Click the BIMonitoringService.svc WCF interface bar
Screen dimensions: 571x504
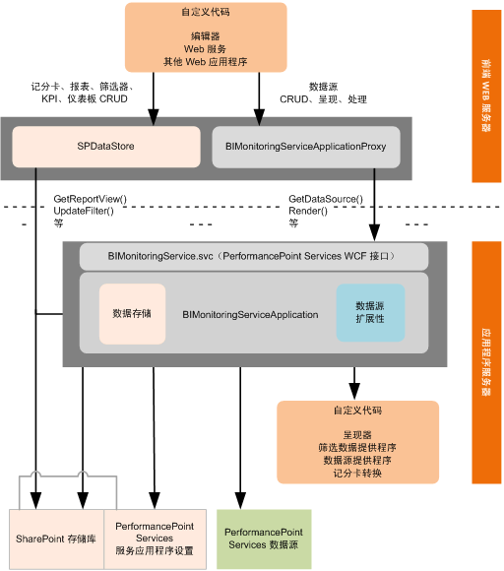(253, 257)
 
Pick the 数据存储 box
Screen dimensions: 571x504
(132, 314)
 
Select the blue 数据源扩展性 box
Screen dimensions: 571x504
(370, 313)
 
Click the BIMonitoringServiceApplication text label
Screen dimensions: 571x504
(250, 315)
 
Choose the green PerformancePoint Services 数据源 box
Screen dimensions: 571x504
(264, 538)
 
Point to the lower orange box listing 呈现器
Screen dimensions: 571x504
(356, 442)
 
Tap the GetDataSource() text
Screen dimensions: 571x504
(325, 199)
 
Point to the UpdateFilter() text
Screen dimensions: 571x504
(84, 211)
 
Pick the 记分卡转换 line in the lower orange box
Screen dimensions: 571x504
(356, 474)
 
